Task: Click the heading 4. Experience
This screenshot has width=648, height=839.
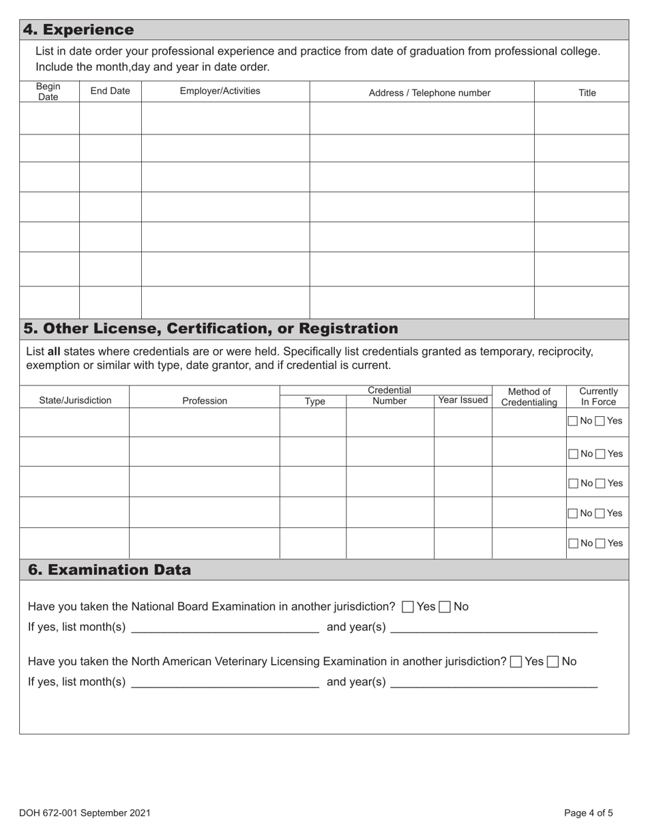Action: coord(78,30)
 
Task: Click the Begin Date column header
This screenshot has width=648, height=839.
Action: coord(48,91)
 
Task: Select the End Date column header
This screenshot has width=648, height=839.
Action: coord(110,91)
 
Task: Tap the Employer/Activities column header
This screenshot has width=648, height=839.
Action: coord(220,91)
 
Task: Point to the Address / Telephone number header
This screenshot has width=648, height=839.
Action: coord(429,93)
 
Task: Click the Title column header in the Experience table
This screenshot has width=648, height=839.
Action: coord(587,93)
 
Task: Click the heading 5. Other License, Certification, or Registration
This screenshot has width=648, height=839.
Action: coord(211,329)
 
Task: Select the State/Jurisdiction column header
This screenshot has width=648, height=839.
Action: coord(75,400)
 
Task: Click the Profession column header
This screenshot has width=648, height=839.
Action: coord(205,401)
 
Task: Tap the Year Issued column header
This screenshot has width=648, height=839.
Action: coord(463,400)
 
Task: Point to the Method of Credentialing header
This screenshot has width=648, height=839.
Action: coord(529,397)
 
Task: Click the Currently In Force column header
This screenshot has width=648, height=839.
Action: coord(598,396)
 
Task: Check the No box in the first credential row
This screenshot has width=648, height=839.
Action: coord(573,422)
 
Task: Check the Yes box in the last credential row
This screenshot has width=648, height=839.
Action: coord(600,544)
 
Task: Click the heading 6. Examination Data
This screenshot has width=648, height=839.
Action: coord(109,570)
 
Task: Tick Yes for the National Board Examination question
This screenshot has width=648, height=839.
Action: coord(408,607)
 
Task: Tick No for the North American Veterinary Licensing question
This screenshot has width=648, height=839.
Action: coord(553,662)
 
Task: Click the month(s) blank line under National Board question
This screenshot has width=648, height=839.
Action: coord(224,628)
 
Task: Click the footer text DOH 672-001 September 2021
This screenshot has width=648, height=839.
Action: coord(85,812)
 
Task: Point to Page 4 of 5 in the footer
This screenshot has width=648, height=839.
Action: coord(588,812)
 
